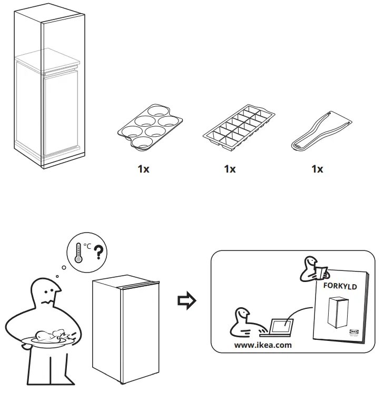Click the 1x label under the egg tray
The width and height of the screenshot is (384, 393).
coord(143,169)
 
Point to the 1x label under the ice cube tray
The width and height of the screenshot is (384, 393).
coord(230,169)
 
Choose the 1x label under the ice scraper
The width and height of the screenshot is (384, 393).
coord(317,169)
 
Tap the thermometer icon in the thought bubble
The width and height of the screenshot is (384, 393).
coord(78,253)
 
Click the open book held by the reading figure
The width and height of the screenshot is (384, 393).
coord(320,273)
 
